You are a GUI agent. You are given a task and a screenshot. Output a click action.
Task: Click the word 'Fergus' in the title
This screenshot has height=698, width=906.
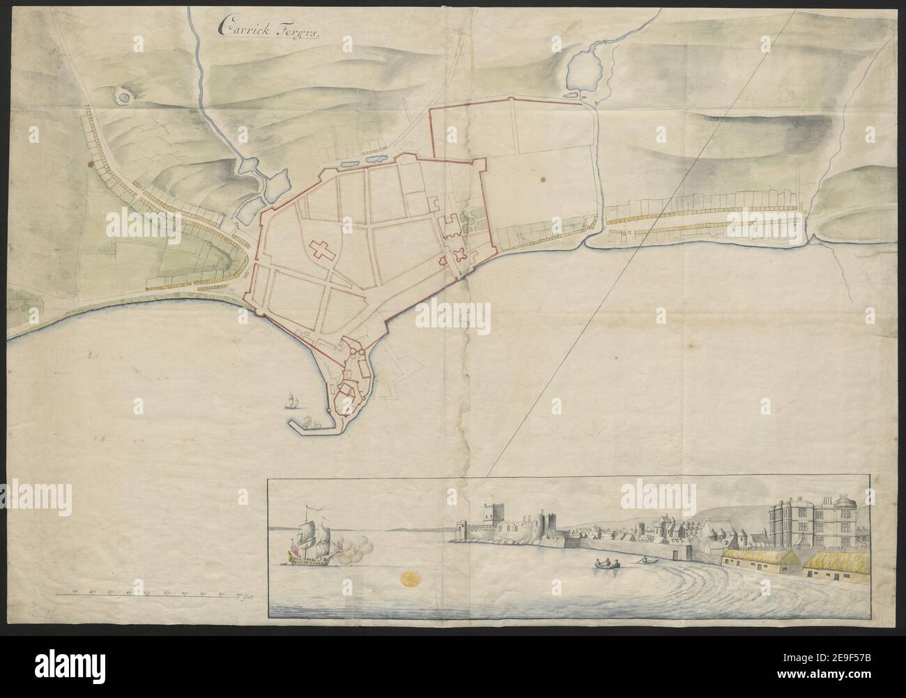tap(300, 31)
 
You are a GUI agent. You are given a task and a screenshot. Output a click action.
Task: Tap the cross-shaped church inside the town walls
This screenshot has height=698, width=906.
tap(324, 251)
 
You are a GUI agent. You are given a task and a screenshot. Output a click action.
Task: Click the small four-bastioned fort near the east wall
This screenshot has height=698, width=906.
tap(459, 255)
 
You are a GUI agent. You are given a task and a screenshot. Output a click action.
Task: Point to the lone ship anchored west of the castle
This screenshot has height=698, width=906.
tap(291, 400)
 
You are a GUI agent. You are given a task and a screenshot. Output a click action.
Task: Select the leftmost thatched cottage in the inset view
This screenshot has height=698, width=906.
tap(758, 559)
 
